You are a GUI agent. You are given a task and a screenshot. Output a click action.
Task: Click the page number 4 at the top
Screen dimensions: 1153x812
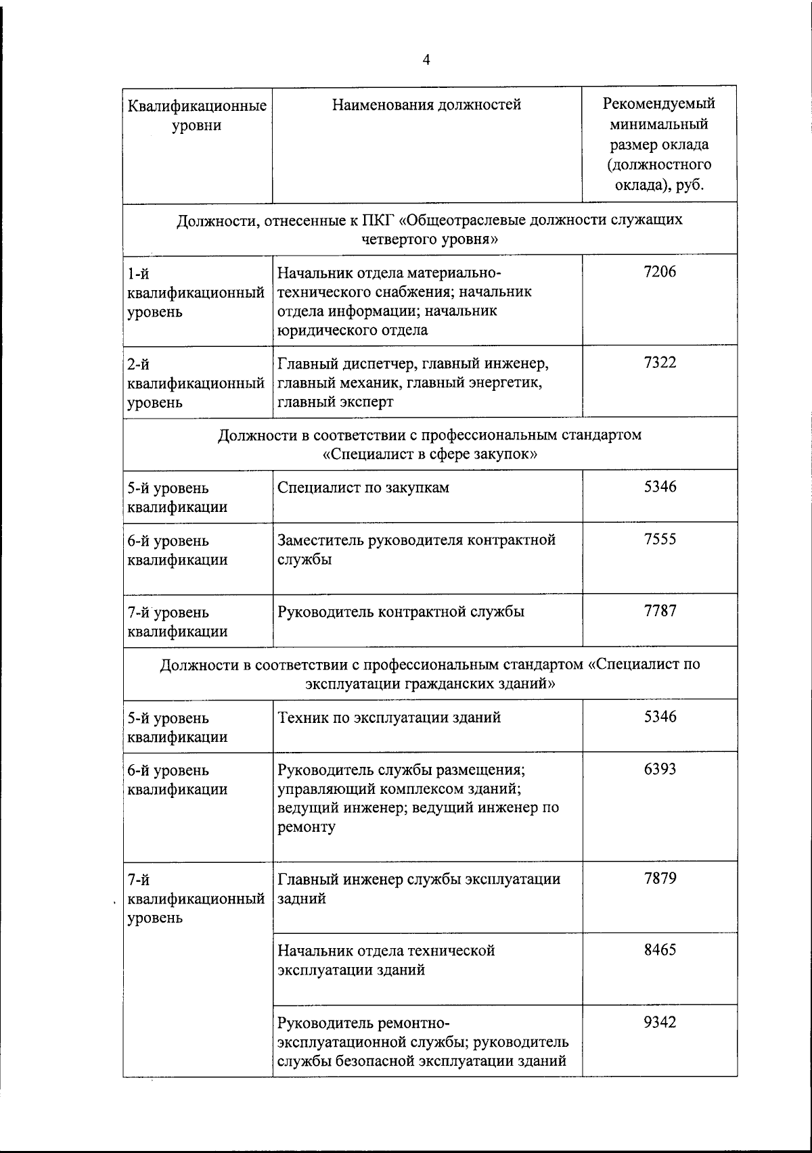pos(426,60)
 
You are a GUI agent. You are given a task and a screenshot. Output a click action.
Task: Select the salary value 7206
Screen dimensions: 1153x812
pos(660,272)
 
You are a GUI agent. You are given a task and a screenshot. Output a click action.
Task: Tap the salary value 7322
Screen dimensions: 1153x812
pos(660,363)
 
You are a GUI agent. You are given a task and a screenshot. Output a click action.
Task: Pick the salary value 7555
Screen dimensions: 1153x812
pos(660,540)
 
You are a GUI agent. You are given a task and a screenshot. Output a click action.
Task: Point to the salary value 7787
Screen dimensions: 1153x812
pos(660,611)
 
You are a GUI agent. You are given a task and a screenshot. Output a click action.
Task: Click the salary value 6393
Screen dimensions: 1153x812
pos(660,769)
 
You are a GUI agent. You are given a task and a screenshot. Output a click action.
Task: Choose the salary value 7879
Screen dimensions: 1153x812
pos(660,878)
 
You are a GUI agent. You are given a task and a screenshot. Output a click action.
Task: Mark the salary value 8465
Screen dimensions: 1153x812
pos(660,949)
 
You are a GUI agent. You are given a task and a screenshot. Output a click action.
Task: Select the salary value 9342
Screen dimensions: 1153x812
pos(660,1022)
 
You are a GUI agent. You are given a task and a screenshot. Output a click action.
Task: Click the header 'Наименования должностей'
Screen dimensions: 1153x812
pos(427,105)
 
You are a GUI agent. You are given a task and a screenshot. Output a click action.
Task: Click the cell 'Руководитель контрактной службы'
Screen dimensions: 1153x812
pos(401,612)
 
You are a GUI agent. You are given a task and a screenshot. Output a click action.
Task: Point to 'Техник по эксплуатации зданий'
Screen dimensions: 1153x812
pos(389,717)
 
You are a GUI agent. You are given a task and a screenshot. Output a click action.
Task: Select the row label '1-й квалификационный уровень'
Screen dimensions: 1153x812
pos(196,293)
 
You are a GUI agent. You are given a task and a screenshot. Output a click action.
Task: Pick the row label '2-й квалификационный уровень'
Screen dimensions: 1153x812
pos(196,383)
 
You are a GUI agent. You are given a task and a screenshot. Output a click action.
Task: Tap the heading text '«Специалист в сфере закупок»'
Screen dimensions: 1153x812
pos(430,454)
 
